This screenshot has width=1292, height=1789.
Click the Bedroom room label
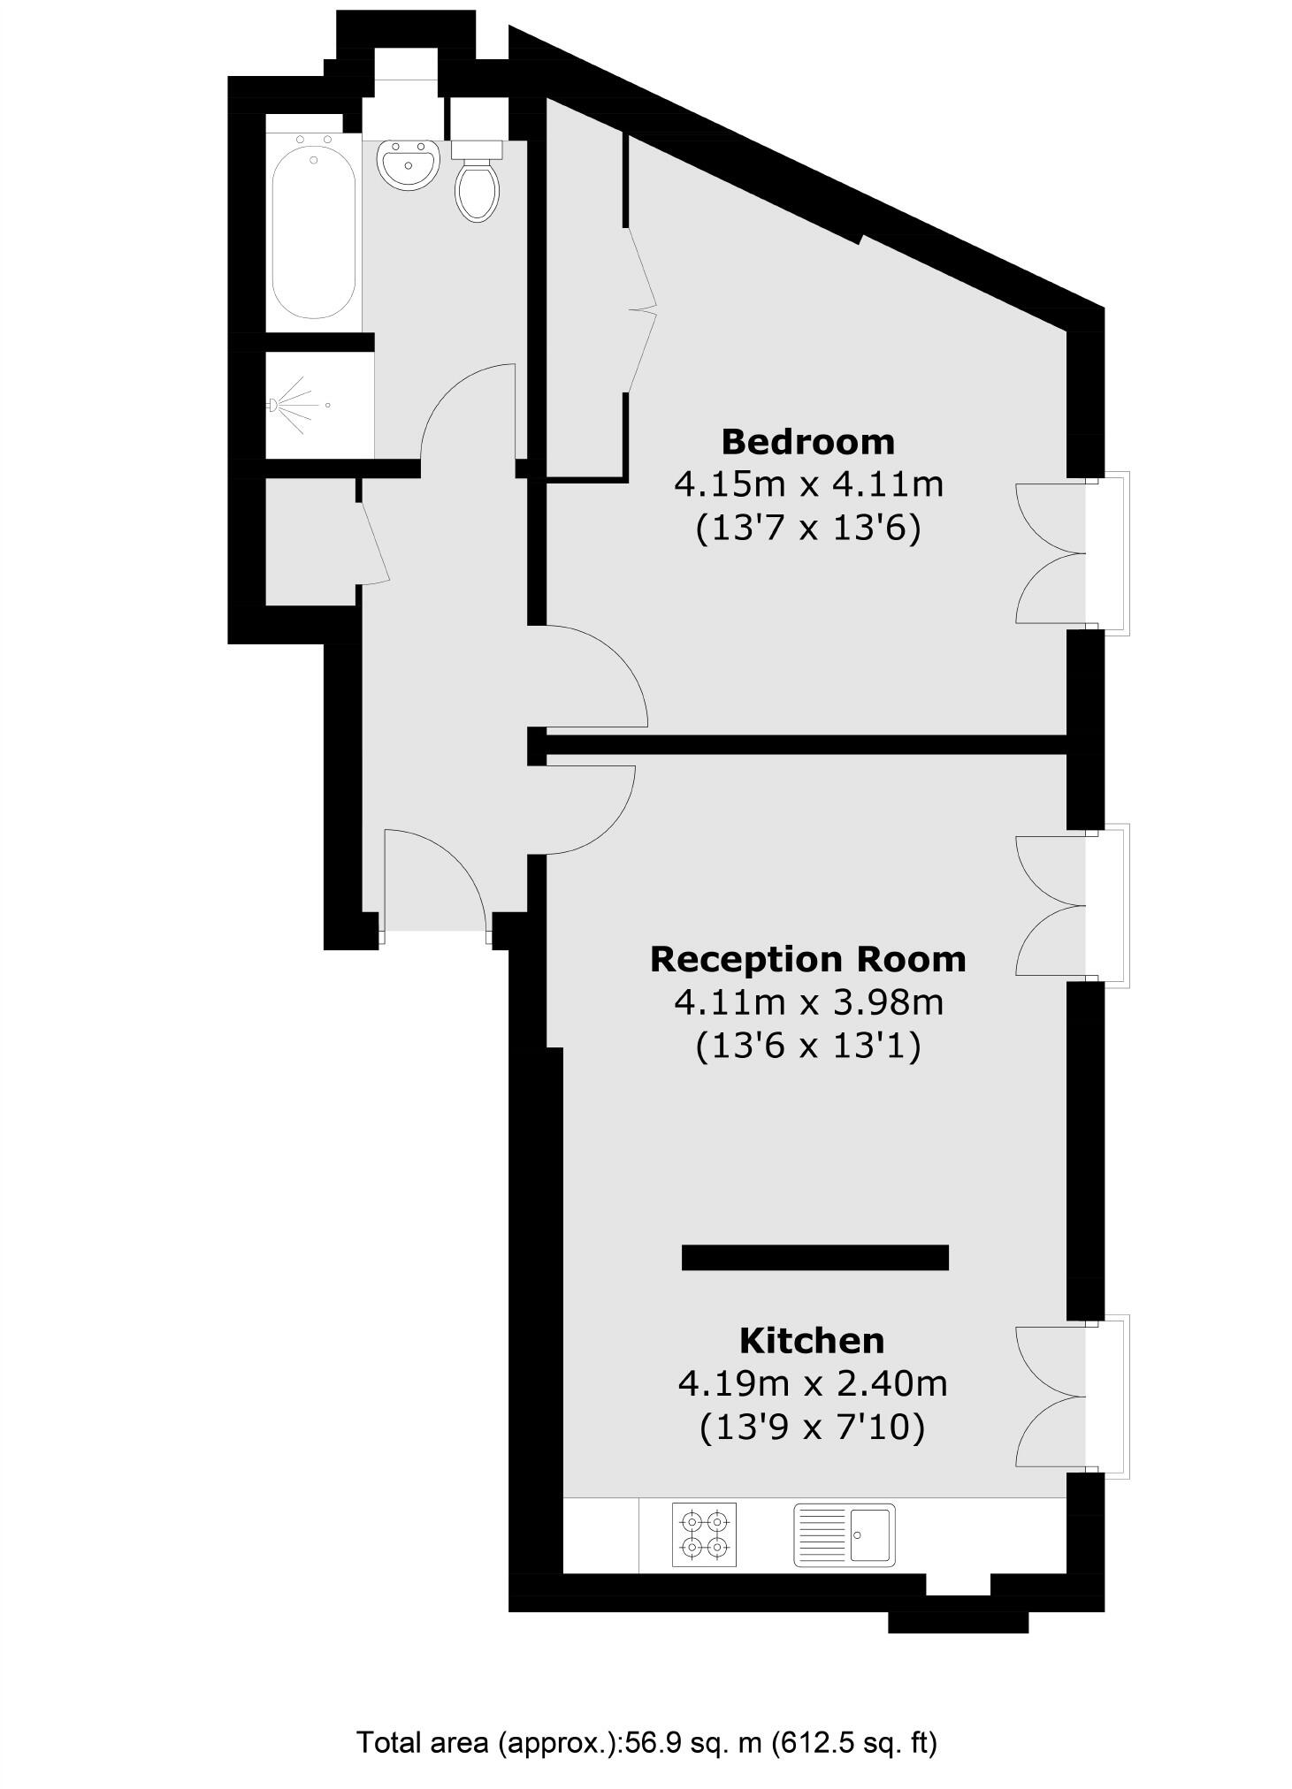(x=807, y=441)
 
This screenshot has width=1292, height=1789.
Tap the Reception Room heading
(x=807, y=959)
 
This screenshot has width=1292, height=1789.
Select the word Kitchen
(x=811, y=1341)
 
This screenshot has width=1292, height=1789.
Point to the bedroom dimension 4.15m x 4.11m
(x=808, y=484)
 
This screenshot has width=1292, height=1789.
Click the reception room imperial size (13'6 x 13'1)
(x=807, y=1047)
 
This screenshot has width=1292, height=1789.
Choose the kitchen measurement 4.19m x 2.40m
(x=812, y=1383)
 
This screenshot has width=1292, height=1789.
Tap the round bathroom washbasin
(x=408, y=164)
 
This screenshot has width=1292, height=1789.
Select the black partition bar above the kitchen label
(x=814, y=1257)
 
